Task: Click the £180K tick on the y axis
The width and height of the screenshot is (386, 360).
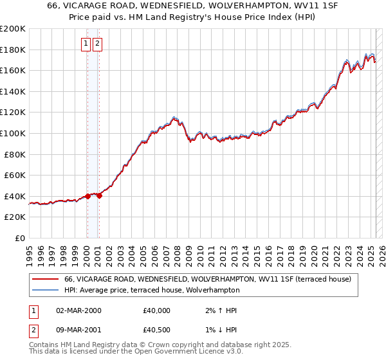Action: pos(13,50)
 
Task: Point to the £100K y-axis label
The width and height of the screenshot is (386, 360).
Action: pos(13,133)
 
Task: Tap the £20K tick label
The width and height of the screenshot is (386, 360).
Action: pos(15,217)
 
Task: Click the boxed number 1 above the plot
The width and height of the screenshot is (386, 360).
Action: pos(86,44)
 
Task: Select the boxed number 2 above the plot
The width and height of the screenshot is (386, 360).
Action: pos(97,44)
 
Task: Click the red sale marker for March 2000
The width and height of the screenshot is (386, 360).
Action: pos(87,196)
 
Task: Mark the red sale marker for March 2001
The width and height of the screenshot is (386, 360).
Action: pos(99,195)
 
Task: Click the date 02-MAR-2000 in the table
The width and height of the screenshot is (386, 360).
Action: pos(78,310)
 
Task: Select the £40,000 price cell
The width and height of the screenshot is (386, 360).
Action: pos(157,310)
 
